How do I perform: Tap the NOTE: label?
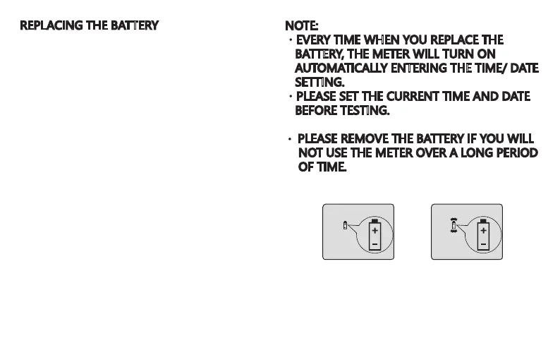point(301,26)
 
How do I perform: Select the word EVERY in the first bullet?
point(315,40)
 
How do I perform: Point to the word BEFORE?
point(315,111)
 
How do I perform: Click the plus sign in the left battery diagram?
point(375,231)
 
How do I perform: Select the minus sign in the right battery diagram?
point(483,245)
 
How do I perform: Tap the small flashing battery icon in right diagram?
point(454,225)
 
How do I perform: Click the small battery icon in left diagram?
point(344,226)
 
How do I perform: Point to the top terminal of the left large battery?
point(375,220)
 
